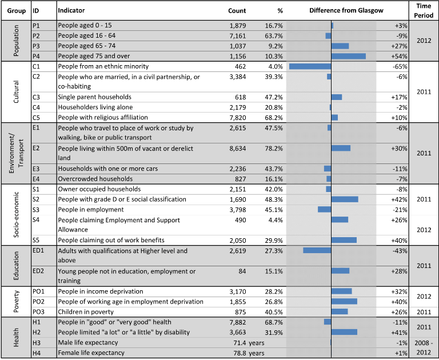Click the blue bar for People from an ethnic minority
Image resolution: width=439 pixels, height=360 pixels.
click(x=310, y=66)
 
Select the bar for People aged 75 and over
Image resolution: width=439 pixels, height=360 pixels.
click(x=349, y=56)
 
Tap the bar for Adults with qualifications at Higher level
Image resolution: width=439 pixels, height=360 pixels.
click(x=317, y=250)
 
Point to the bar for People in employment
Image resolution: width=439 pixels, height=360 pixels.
click(x=324, y=209)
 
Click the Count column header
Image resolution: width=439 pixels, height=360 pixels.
click(x=237, y=11)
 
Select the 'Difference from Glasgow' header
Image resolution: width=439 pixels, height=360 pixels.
click(x=346, y=11)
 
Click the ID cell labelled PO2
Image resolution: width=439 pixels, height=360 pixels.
click(x=39, y=302)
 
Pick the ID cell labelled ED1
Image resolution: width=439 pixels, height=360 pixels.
click(x=38, y=250)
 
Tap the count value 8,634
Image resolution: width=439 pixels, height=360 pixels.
click(x=238, y=149)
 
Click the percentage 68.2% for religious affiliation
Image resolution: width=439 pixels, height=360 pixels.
click(x=274, y=118)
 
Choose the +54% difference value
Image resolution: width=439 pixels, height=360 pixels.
click(x=399, y=56)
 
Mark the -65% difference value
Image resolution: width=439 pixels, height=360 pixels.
click(x=400, y=67)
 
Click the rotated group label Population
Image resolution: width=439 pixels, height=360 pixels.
click(x=16, y=41)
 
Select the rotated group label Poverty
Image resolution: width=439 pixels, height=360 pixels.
click(x=16, y=302)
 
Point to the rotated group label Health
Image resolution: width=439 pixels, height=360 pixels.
click(x=16, y=337)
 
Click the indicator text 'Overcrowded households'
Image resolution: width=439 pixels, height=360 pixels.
click(x=95, y=179)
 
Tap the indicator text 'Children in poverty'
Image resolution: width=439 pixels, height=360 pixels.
click(x=86, y=312)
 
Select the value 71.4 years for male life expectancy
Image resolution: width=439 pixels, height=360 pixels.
click(x=249, y=343)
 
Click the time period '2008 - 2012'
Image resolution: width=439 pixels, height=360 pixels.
click(x=424, y=347)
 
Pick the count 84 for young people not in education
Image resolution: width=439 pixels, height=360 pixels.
click(x=242, y=271)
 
